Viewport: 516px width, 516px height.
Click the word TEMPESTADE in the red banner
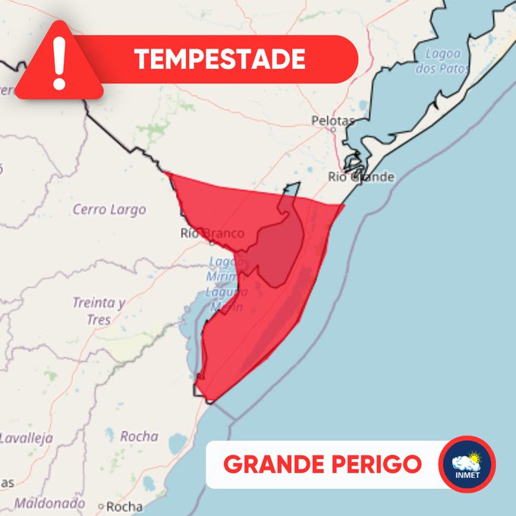pyautogui.click(x=219, y=58)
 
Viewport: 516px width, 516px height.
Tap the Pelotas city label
pyautogui.click(x=333, y=120)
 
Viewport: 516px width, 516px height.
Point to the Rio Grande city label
pyautogui.click(x=361, y=177)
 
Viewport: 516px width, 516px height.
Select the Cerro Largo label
pyautogui.click(x=109, y=209)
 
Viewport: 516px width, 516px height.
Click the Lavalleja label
pyautogui.click(x=26, y=438)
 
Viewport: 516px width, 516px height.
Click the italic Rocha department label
pyautogui.click(x=139, y=436)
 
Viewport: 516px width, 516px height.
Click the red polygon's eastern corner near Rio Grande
pyautogui.click(x=345, y=204)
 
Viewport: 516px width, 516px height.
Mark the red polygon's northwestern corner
pyautogui.click(x=165, y=174)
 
